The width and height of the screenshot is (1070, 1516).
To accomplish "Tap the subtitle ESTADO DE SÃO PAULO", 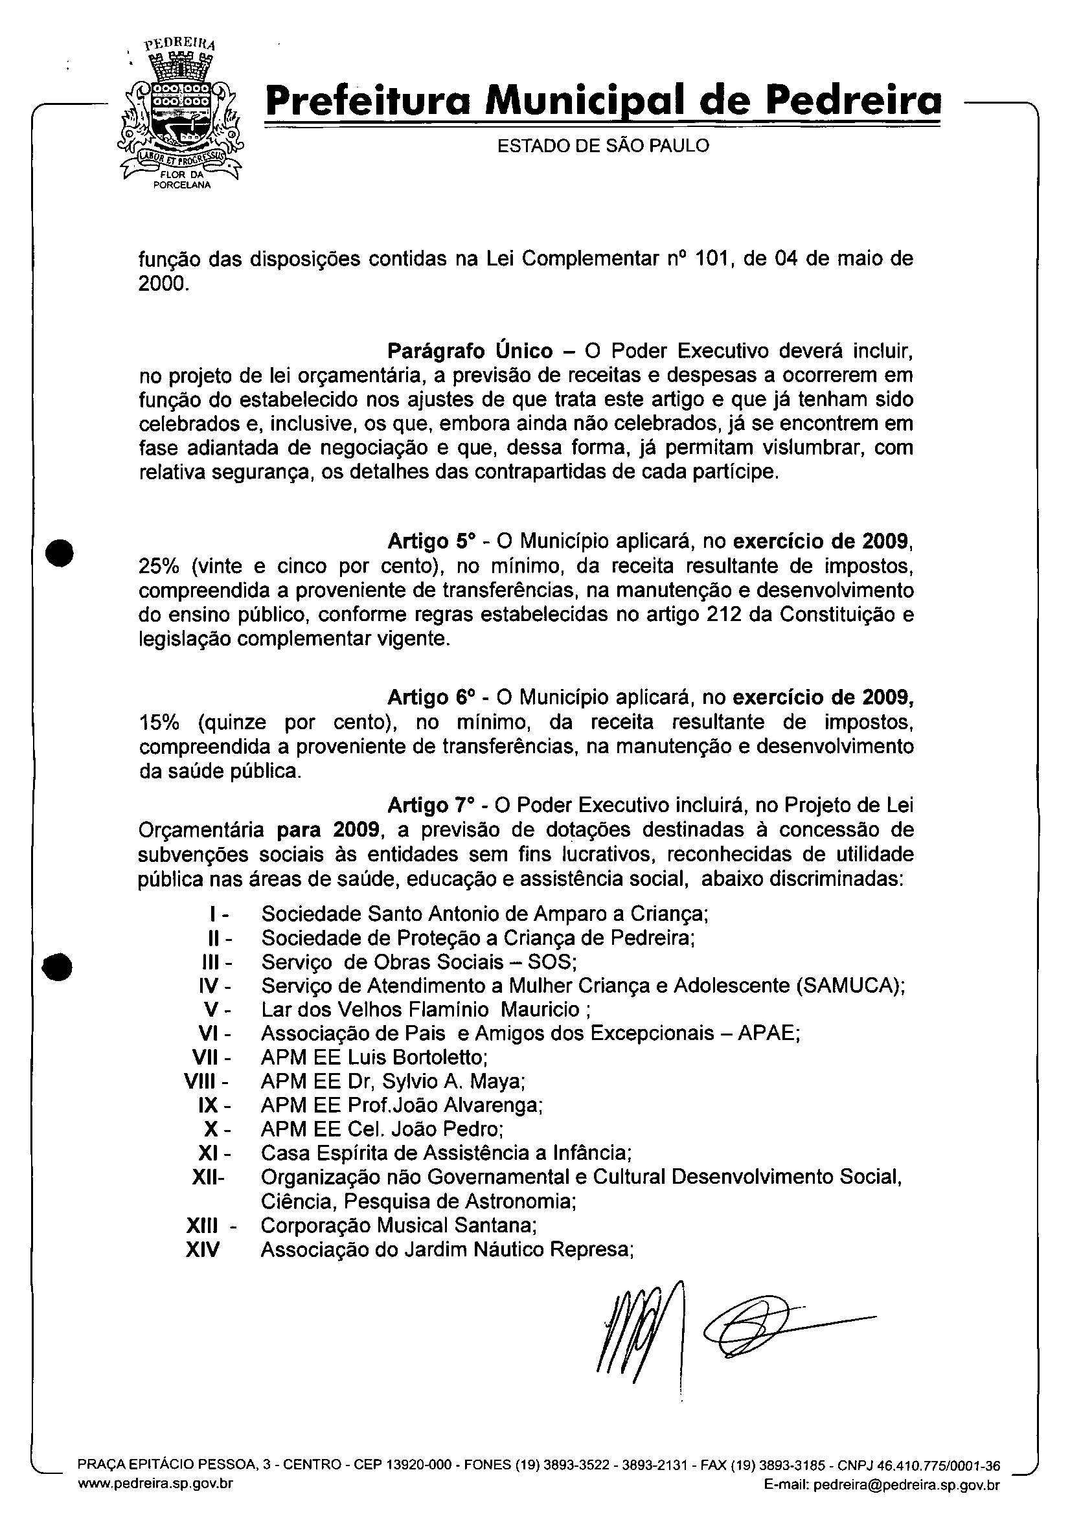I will point(603,146).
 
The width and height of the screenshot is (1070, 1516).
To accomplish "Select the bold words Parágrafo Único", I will point(470,350).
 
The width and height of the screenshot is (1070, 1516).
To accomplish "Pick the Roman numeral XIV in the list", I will point(202,1250).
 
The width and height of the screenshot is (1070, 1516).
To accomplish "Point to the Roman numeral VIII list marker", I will point(206,1081).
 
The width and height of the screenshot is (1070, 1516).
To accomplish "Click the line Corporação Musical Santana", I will point(398,1225).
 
